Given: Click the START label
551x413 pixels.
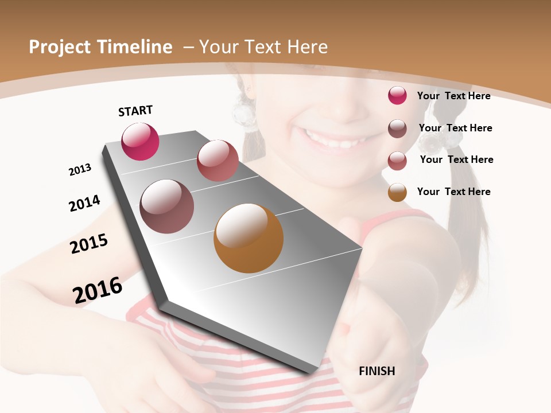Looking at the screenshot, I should point(135,111).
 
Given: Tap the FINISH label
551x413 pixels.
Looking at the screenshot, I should point(377,371).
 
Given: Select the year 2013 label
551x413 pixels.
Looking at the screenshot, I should point(80,170).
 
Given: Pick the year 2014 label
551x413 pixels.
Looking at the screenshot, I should point(84,203).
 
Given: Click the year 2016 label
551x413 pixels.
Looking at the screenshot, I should point(98,290).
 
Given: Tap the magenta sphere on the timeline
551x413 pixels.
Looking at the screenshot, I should point(140,142).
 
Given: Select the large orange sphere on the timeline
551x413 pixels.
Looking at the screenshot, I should point(249,238).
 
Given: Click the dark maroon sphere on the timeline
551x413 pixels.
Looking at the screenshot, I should point(166,206).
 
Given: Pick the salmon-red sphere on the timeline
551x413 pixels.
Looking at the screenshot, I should point(218,161).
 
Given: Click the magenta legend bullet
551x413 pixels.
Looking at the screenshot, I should point(397,95).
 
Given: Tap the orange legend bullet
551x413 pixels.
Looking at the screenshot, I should point(397,192).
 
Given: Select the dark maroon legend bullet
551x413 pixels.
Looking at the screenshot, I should point(397,128).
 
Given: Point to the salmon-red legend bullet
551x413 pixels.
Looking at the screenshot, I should point(397,161).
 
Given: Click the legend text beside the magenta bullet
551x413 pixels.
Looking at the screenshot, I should point(453,96).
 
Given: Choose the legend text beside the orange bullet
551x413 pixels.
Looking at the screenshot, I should point(453,192).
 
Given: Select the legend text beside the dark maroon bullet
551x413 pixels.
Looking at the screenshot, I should point(455,128).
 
